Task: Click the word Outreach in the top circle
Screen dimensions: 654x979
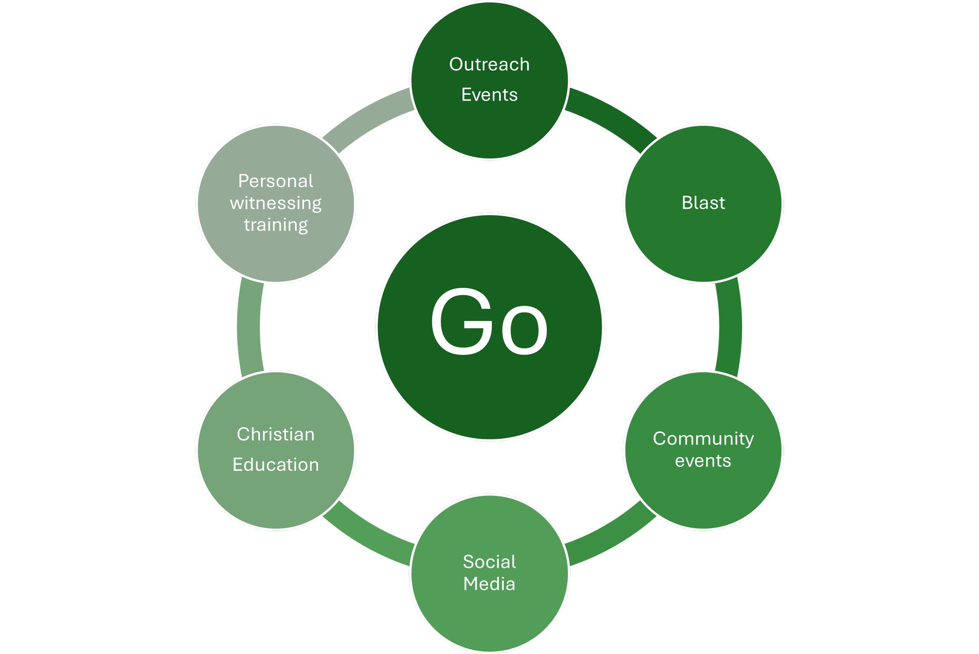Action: pos(489,65)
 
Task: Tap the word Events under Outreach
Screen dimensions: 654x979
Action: pos(489,95)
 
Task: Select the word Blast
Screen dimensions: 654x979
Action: pos(703,203)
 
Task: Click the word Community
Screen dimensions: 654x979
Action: pos(703,439)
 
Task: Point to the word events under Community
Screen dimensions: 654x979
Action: pos(703,461)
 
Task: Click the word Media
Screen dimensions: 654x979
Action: pos(489,584)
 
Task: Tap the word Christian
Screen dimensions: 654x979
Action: pos(275,434)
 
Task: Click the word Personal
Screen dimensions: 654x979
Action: pos(275,182)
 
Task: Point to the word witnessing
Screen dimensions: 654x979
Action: pos(275,204)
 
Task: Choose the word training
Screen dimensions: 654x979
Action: pos(275,225)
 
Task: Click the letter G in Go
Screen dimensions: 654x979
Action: pos(458,322)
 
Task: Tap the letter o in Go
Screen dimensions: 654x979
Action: pos(524,330)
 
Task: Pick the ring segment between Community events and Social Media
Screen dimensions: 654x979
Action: pos(607,538)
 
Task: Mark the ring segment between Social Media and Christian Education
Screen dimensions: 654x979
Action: pos(371,538)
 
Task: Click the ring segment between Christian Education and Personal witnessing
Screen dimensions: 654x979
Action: pos(249,326)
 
